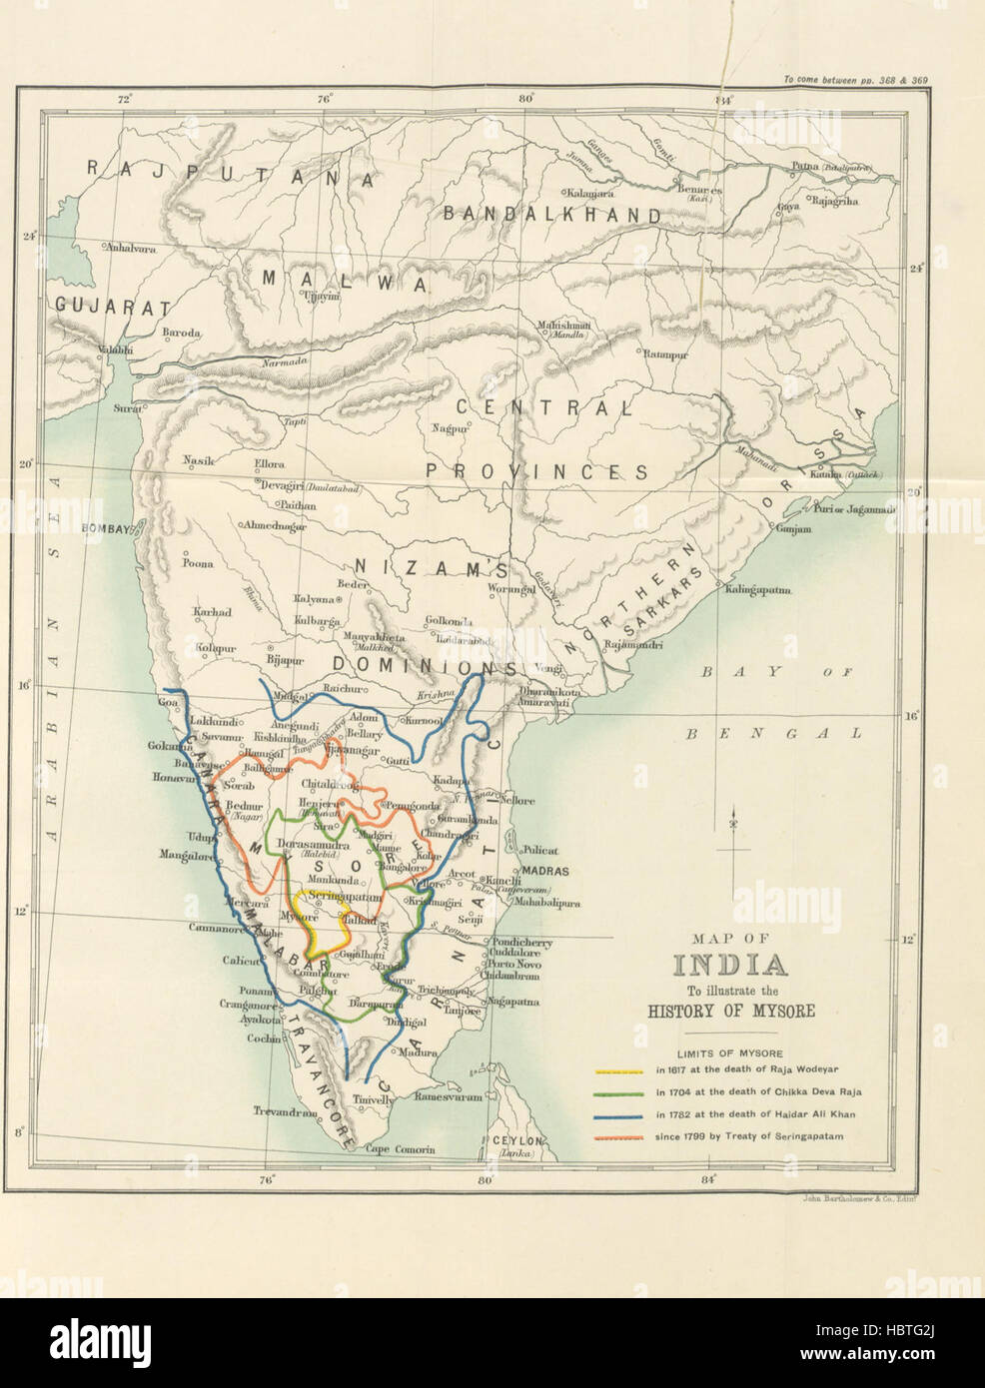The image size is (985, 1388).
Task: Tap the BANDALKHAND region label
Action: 551,214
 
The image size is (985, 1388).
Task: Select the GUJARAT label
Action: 112,307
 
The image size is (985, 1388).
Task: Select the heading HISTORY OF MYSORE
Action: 731,1011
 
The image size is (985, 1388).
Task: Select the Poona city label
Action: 197,563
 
